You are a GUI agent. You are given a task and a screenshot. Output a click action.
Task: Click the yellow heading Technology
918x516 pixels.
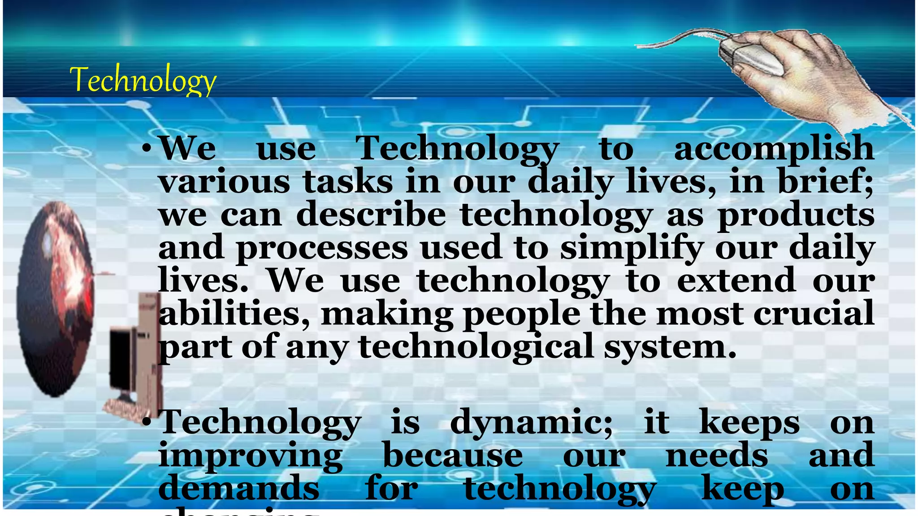click(x=143, y=79)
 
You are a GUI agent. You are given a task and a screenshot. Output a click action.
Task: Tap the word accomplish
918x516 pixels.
click(x=774, y=149)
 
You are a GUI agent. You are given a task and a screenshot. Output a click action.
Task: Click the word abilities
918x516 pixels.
click(x=234, y=314)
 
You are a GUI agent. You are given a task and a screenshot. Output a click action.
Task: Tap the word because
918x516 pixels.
click(x=453, y=455)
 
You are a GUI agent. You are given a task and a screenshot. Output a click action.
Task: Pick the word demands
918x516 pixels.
click(x=239, y=488)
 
